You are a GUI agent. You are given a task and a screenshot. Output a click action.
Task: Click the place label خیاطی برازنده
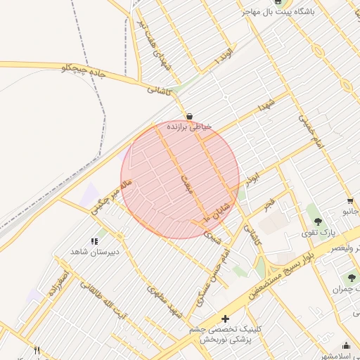click(x=189, y=128)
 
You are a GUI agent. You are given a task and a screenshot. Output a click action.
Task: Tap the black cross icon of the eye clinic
click(x=225, y=319)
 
